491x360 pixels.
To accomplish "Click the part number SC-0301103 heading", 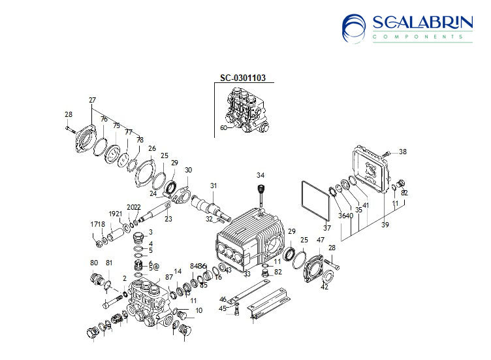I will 242,78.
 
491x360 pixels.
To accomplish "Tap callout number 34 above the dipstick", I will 261,175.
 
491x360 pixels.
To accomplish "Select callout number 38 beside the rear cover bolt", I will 402,152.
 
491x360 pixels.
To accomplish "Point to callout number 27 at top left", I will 92,100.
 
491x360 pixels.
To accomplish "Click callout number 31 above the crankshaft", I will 212,186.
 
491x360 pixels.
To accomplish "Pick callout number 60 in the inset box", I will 223,127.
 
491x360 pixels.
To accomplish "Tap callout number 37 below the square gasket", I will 326,227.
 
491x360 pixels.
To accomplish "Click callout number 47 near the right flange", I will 321,240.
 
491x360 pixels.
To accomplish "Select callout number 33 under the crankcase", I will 247,274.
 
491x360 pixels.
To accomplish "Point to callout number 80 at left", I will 93,263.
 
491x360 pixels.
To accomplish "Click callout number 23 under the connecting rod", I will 168,219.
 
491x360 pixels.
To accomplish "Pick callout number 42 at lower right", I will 325,287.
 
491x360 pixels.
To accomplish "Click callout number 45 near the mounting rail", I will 222,308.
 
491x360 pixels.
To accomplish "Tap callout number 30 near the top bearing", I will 188,170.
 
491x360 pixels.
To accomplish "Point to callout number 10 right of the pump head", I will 199,310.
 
